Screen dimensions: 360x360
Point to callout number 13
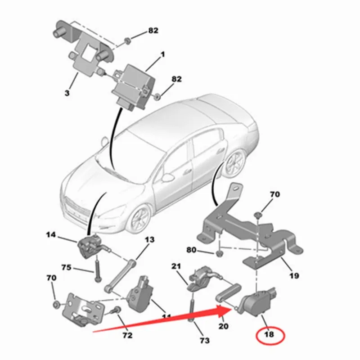click(x=149, y=239)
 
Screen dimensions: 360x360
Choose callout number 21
click(x=176, y=266)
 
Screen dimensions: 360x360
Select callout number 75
click(x=67, y=267)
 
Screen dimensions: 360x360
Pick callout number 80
click(x=192, y=250)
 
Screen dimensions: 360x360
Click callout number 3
click(x=67, y=93)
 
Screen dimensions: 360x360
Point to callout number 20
click(x=224, y=325)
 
